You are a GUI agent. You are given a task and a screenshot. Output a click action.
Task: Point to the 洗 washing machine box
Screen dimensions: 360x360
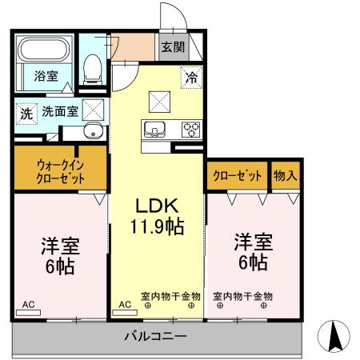26,114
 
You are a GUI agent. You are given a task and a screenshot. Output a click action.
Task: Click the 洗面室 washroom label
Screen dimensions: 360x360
59,113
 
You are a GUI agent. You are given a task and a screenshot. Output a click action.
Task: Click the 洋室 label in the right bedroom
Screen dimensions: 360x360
253,240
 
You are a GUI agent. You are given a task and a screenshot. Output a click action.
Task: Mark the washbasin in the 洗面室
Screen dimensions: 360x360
94,132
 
